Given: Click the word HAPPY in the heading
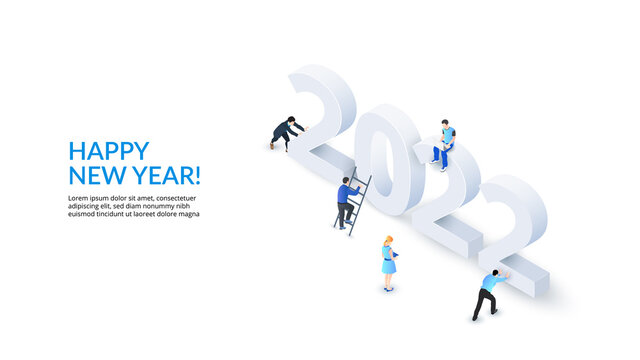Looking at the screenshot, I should (x=108, y=151).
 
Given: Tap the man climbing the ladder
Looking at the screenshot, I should (x=346, y=199).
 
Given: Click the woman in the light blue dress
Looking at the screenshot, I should (x=388, y=263).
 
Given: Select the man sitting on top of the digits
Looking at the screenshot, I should (x=444, y=143).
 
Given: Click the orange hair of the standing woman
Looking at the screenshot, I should (x=388, y=241).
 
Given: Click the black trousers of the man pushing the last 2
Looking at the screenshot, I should (x=484, y=303).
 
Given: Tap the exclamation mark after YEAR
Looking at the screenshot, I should (x=198, y=176).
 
